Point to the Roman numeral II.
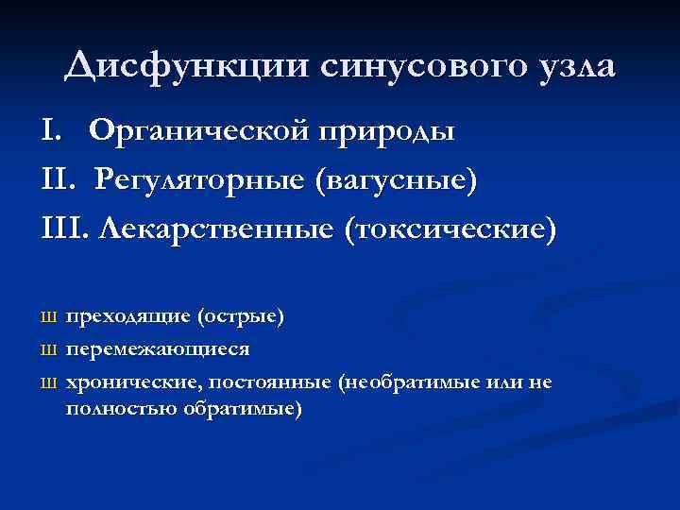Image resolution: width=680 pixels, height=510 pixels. [x=53, y=180]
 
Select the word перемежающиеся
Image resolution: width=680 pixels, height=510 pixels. [x=158, y=348]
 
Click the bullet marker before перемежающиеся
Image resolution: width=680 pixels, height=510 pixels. [x=52, y=349]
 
